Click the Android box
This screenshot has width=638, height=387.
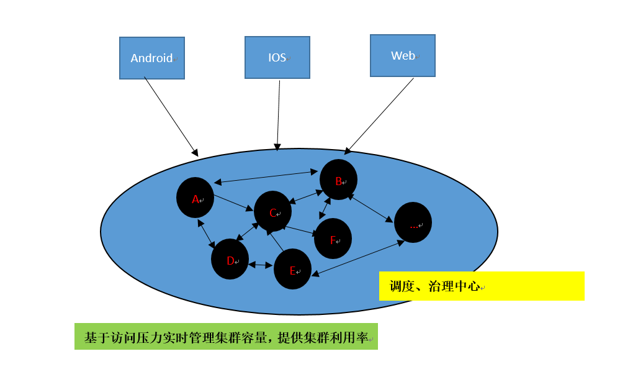coord(152,58)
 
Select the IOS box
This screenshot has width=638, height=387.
coord(277,57)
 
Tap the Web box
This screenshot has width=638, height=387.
coord(402,55)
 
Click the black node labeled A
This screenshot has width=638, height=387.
coord(195,198)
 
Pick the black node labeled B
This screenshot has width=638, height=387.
coord(338,180)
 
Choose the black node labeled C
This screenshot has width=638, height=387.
coord(272,211)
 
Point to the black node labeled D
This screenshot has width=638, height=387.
coord(230,259)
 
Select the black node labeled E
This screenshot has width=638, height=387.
coord(292,269)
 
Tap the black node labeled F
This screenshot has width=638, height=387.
coord(333,239)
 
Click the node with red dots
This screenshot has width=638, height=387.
coord(413,222)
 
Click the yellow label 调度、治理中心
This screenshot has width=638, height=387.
coord(482,286)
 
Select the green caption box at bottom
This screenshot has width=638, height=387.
coord(227,337)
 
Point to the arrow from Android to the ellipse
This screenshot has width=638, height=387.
coord(171,117)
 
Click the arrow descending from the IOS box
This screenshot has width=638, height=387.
coord(278,116)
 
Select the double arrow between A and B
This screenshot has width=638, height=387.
coord(266,177)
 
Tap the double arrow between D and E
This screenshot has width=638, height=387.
coord(261,265)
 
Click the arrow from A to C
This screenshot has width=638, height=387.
coord(233,203)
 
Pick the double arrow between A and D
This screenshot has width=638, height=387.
coord(206,234)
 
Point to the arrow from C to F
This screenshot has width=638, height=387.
coord(302,231)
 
